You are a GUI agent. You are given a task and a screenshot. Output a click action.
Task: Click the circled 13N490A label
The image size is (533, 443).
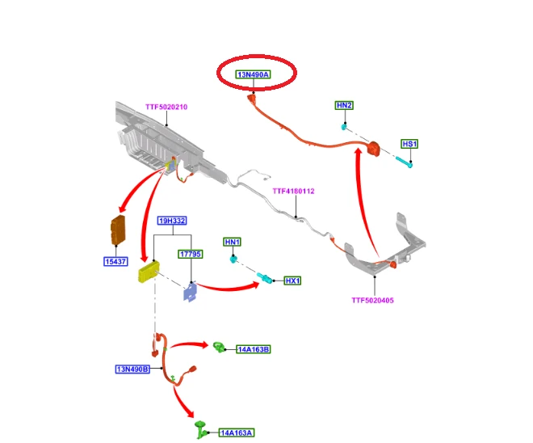coord(254,74)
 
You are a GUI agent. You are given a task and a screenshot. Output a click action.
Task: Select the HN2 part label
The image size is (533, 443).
coord(344,105)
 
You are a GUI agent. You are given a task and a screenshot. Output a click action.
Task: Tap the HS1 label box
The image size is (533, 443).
coord(409,144)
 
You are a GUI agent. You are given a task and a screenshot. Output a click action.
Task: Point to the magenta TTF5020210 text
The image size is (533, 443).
coord(166,107)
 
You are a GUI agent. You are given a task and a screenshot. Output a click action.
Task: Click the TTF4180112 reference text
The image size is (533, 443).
coord(293,192)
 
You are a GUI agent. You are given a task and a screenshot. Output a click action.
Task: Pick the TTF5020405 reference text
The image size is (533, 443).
coord(372,301)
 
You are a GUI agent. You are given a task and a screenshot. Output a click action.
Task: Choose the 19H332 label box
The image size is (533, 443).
coord(172,221)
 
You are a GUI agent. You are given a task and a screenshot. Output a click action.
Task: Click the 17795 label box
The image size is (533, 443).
coord(191,254)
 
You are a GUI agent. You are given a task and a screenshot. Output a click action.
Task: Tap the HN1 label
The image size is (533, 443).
coord(233,242)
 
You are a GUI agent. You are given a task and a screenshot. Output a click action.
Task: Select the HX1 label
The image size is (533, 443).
coord(292,281)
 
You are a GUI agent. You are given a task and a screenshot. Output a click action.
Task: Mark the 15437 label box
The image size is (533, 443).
coord(116,262)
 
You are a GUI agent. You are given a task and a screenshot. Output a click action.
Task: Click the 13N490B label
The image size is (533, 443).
coord(132,369)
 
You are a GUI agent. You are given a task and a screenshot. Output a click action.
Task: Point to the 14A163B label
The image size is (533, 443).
coord(254,349)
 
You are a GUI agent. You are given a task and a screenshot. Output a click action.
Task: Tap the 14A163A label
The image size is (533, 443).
coord(237,433)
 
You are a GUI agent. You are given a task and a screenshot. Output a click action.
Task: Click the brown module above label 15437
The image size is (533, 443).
coord(118,230)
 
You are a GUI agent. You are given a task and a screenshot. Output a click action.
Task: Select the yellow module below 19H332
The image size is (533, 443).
coord(149,272)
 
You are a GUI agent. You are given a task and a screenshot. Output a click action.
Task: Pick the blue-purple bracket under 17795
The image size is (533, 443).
coord(191,292)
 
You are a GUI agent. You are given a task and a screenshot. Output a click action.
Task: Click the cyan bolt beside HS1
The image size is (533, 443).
coord(404,162)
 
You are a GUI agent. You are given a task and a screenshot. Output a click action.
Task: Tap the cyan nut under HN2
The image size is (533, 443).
coord(344,127)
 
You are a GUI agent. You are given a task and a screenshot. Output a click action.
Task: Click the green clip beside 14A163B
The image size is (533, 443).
coord(219,348)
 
